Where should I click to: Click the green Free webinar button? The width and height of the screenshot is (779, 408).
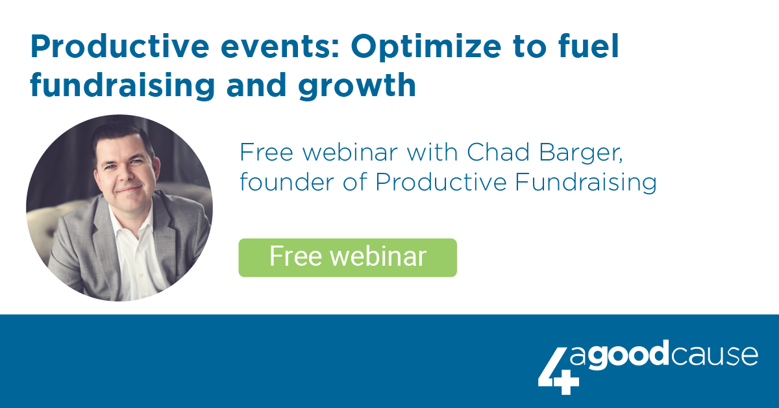347,258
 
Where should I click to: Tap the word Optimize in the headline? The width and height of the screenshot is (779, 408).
426,47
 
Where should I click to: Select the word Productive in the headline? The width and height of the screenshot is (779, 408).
119,46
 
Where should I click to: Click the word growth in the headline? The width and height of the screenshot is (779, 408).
357,86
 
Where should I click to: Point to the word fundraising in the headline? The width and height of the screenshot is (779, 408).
123,86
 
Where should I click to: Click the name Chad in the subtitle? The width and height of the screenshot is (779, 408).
498,153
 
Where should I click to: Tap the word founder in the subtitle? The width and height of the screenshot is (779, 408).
286,182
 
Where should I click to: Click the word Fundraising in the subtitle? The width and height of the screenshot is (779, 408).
586,183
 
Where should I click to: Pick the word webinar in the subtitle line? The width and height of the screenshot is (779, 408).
349,153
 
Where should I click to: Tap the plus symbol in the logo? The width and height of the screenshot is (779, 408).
567,382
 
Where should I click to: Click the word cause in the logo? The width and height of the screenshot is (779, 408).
715,356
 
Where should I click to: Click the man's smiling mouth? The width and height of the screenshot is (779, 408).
129,190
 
